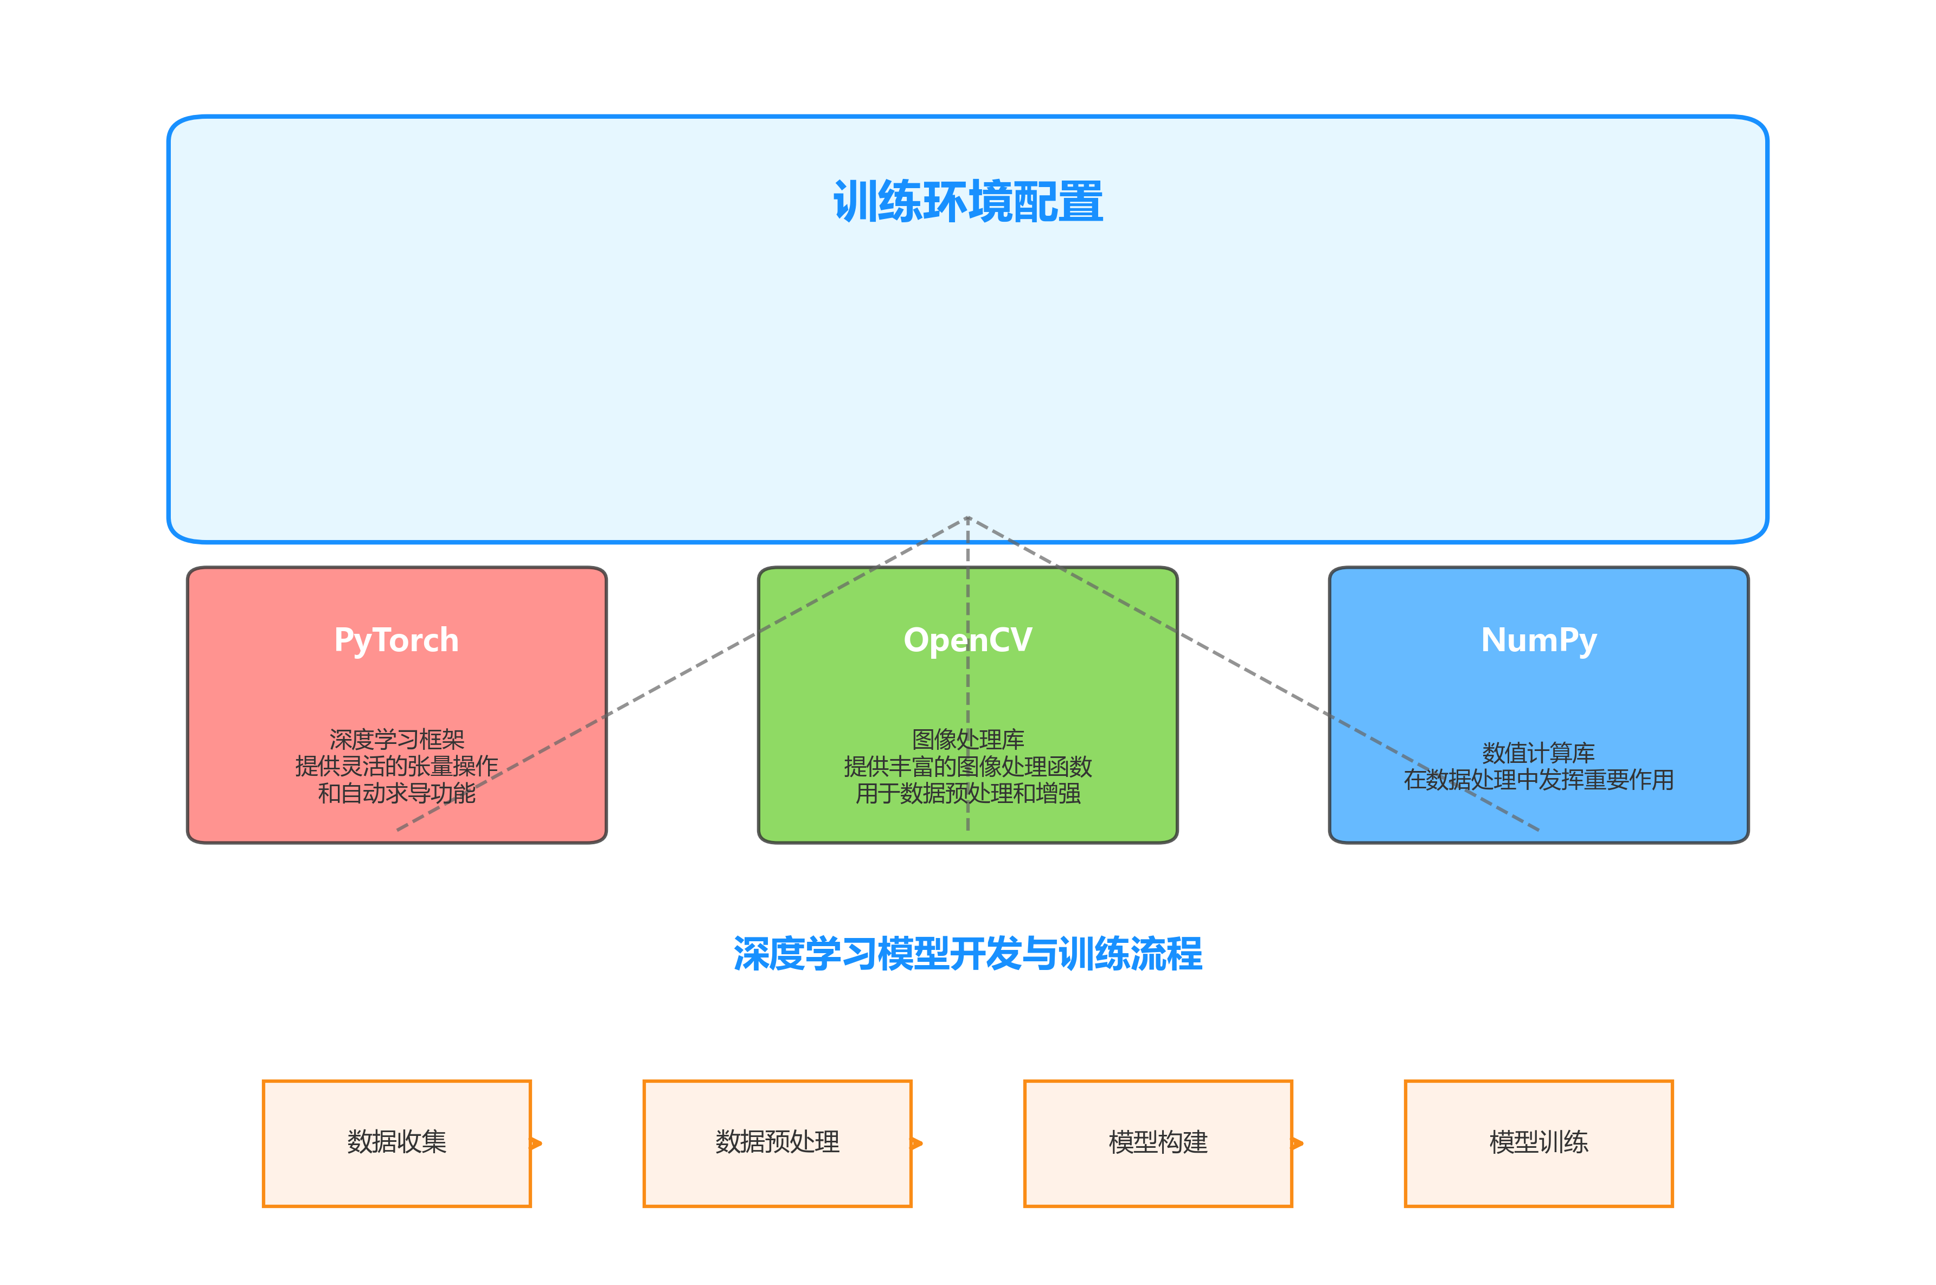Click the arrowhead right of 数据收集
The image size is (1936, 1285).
537,1143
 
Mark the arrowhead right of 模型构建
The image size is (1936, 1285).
1298,1143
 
